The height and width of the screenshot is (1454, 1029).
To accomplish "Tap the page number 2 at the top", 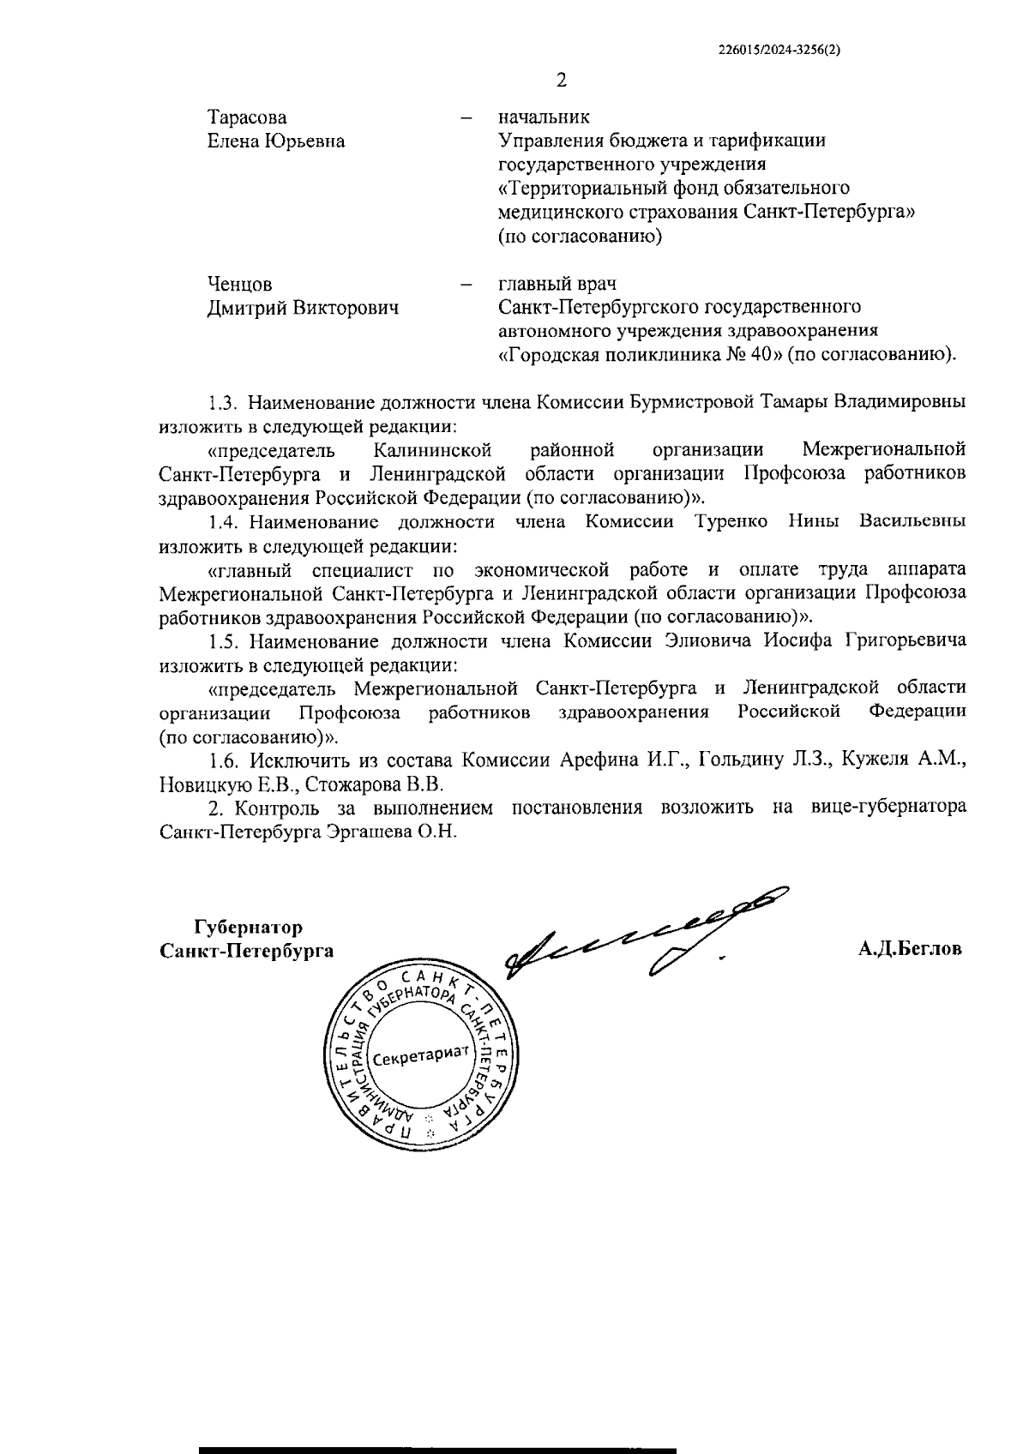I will click(562, 81).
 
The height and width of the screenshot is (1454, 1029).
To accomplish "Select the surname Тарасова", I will click(247, 117).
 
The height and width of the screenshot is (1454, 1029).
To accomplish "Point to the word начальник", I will click(544, 117).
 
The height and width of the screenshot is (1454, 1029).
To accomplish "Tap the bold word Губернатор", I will click(249, 928).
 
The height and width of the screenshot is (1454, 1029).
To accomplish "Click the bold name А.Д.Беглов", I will click(909, 949).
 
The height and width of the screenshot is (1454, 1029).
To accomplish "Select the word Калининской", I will click(433, 449).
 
